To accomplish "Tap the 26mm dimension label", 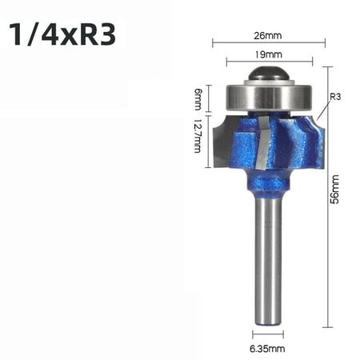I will tap(267, 34).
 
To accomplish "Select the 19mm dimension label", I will tap(267, 55).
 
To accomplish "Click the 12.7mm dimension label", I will tap(198, 138).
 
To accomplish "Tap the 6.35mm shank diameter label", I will tap(268, 348).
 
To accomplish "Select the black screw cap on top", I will tap(267, 73).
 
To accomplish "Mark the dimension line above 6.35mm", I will tap(268, 334).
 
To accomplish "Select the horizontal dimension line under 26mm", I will tap(267, 42).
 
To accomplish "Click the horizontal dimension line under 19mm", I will tap(267, 62).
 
